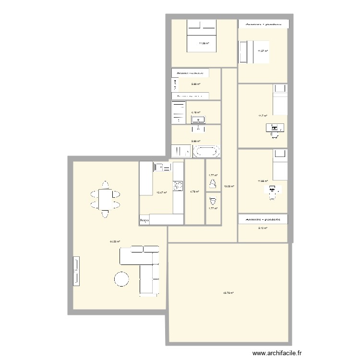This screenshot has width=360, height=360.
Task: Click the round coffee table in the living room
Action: tap(121, 279)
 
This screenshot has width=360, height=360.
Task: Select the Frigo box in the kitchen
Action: tap(144, 220)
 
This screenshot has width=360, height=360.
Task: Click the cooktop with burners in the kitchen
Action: tap(178, 185)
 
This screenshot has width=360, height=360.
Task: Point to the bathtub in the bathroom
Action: tap(207, 152)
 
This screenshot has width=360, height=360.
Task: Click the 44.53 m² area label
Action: tap(115, 242)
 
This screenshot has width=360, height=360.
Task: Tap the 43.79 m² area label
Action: tap(228, 292)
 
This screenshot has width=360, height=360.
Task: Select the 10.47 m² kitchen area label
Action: tap(161, 192)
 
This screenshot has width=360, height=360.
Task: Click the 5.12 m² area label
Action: tap(263, 228)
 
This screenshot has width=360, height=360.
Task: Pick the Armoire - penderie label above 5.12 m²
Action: tap(263, 219)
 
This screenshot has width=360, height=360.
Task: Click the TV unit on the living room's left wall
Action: tap(75, 272)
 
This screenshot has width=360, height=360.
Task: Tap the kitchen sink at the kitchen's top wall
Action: tap(160, 167)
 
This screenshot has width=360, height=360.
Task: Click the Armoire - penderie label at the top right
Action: tap(263, 24)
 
